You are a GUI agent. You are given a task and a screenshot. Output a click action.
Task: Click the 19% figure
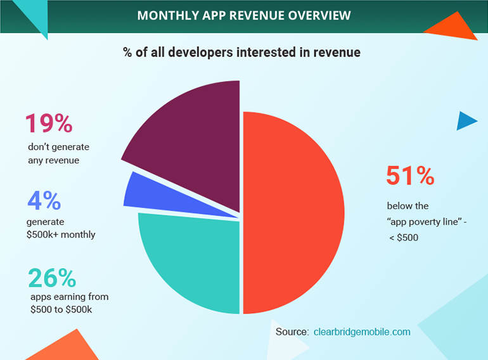48,124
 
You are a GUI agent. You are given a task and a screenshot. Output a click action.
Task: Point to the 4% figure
44,201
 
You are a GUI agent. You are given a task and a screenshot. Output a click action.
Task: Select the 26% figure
52,278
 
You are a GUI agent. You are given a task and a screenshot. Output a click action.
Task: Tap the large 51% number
410,176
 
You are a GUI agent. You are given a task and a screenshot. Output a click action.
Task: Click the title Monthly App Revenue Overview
244,15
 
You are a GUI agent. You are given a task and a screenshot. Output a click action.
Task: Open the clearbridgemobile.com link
362,331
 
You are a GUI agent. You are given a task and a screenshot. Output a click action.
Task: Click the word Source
292,331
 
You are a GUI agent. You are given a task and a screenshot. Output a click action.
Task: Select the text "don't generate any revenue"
58,153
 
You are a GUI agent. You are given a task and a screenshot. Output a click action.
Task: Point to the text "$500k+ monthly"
61,235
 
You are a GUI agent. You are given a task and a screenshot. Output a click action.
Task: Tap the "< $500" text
404,238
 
